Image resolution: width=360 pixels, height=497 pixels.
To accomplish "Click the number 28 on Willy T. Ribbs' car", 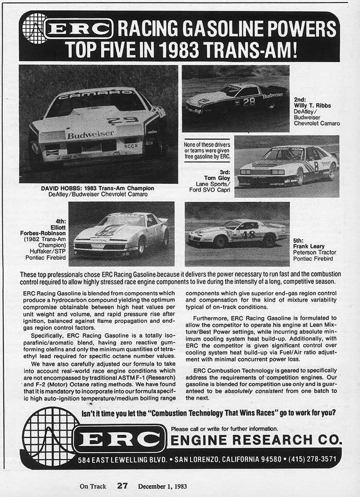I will [x=249, y=102].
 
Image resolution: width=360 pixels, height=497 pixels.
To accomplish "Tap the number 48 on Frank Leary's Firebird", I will [x=248, y=234].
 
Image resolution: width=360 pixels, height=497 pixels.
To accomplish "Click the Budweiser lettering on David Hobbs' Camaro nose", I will [x=91, y=135].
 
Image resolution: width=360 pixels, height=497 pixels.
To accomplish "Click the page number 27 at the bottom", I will [x=122, y=485].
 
